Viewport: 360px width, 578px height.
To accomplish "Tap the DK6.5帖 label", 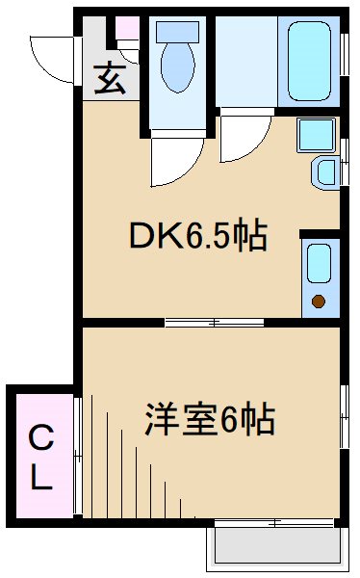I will (199, 235).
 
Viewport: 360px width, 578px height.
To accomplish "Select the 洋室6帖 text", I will (210, 419).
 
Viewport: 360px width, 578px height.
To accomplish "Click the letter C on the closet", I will (39, 440).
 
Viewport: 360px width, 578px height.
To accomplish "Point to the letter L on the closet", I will (39, 479).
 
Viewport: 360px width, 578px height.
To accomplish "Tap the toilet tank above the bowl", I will (176, 30).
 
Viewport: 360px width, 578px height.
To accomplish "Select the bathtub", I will (308, 61).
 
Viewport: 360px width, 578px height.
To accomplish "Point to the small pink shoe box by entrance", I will (127, 26).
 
